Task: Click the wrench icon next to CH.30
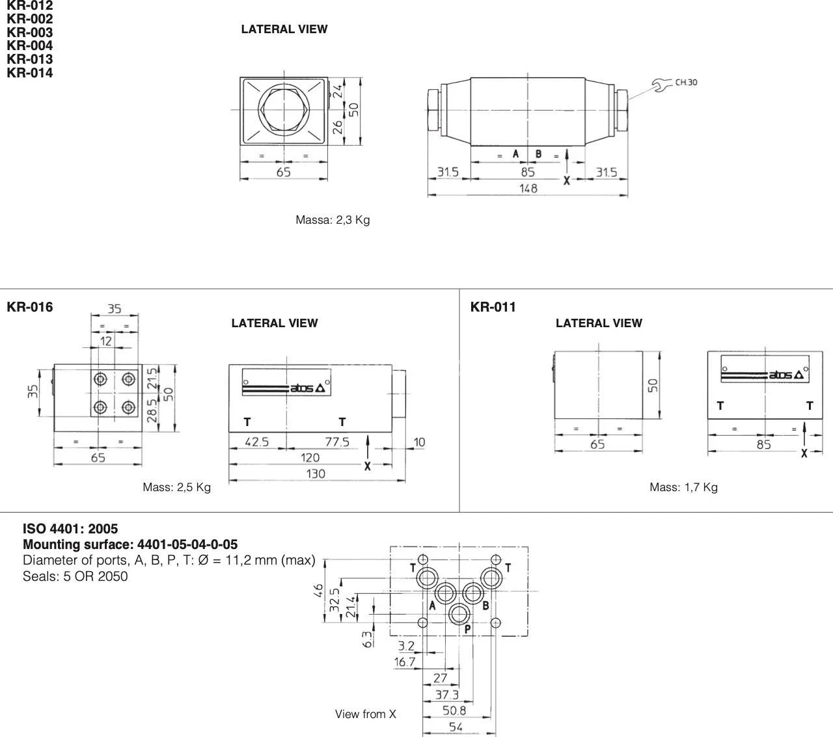coord(662,85)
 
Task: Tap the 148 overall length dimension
coord(528,188)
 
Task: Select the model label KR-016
coord(29,306)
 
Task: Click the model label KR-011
coord(493,306)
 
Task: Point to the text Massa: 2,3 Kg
coord(333,220)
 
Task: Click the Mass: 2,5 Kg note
coord(177,487)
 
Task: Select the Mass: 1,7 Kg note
coord(684,487)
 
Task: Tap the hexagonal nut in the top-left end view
coord(284,109)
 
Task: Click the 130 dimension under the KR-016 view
coord(316,474)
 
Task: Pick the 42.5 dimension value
coord(256,442)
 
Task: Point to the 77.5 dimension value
coord(337,442)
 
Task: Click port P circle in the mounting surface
coord(459,615)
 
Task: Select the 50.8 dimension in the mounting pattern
coord(454,710)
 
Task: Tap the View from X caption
coord(366,714)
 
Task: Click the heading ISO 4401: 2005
coord(70,529)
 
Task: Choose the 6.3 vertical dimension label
coord(367,639)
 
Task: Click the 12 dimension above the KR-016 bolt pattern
coord(106,341)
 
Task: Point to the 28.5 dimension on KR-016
coord(152,410)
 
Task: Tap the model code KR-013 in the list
coord(29,59)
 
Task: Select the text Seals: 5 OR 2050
coord(75,576)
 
